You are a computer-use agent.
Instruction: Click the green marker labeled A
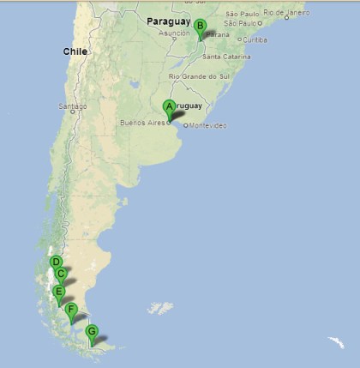tap(170, 106)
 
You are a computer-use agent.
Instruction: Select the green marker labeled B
tap(200, 27)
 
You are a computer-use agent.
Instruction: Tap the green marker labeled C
tap(61, 274)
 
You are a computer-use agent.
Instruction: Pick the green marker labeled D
tap(56, 262)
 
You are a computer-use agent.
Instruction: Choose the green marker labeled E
tap(59, 292)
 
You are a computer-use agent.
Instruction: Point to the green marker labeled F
tap(71, 310)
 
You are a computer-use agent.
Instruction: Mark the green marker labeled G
tap(92, 331)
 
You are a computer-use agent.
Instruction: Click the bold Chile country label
tap(75, 51)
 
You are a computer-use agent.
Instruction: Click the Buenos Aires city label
tap(144, 124)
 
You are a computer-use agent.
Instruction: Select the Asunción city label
tap(174, 33)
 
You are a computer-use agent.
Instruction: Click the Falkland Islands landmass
tap(159, 308)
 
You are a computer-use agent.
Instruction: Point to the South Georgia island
tap(335, 342)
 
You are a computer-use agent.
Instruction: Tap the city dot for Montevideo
tap(185, 125)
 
